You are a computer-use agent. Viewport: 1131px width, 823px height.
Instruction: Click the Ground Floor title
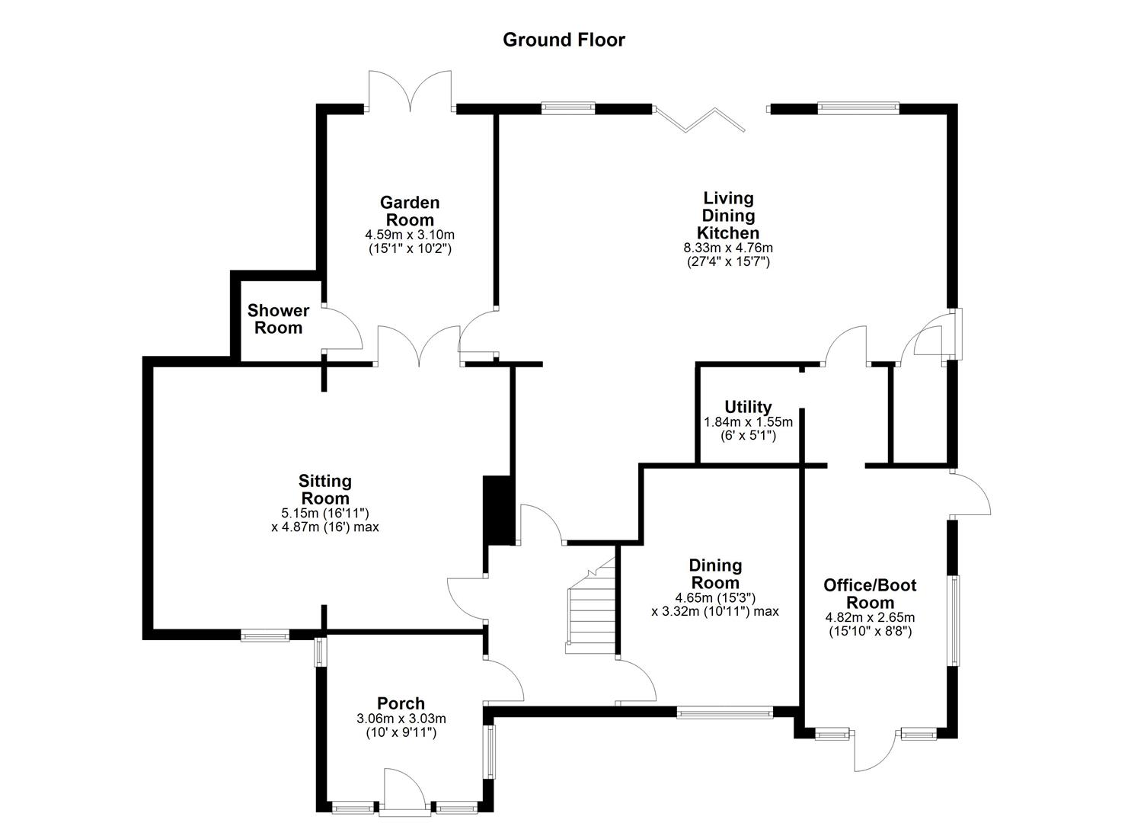coord(564,40)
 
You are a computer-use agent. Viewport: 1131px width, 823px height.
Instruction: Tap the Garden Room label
coord(410,211)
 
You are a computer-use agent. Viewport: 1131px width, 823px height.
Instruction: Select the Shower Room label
coord(278,319)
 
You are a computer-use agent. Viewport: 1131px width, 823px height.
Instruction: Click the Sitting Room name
coord(325,489)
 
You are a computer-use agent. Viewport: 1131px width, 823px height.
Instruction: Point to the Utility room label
coord(748,407)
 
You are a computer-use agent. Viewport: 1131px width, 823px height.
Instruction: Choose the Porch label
coord(401,703)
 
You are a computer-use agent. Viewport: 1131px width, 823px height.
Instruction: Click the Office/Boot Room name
coord(870,594)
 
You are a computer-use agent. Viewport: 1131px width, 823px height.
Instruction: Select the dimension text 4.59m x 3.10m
coord(410,235)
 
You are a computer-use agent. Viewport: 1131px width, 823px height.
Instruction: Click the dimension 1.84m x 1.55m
coord(748,422)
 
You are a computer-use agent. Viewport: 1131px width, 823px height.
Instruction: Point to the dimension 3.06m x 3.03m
coord(401,719)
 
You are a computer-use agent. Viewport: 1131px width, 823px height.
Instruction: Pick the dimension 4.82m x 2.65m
coord(870,617)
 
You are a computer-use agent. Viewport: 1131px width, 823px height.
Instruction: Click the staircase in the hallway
coord(591,610)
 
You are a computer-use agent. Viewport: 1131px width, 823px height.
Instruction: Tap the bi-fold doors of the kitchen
coord(698,119)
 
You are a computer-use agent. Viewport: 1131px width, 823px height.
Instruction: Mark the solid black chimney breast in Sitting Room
coord(499,510)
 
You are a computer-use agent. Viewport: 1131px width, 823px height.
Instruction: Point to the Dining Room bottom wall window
coord(725,713)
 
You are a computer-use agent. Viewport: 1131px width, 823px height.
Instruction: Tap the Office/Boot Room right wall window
coord(953,620)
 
